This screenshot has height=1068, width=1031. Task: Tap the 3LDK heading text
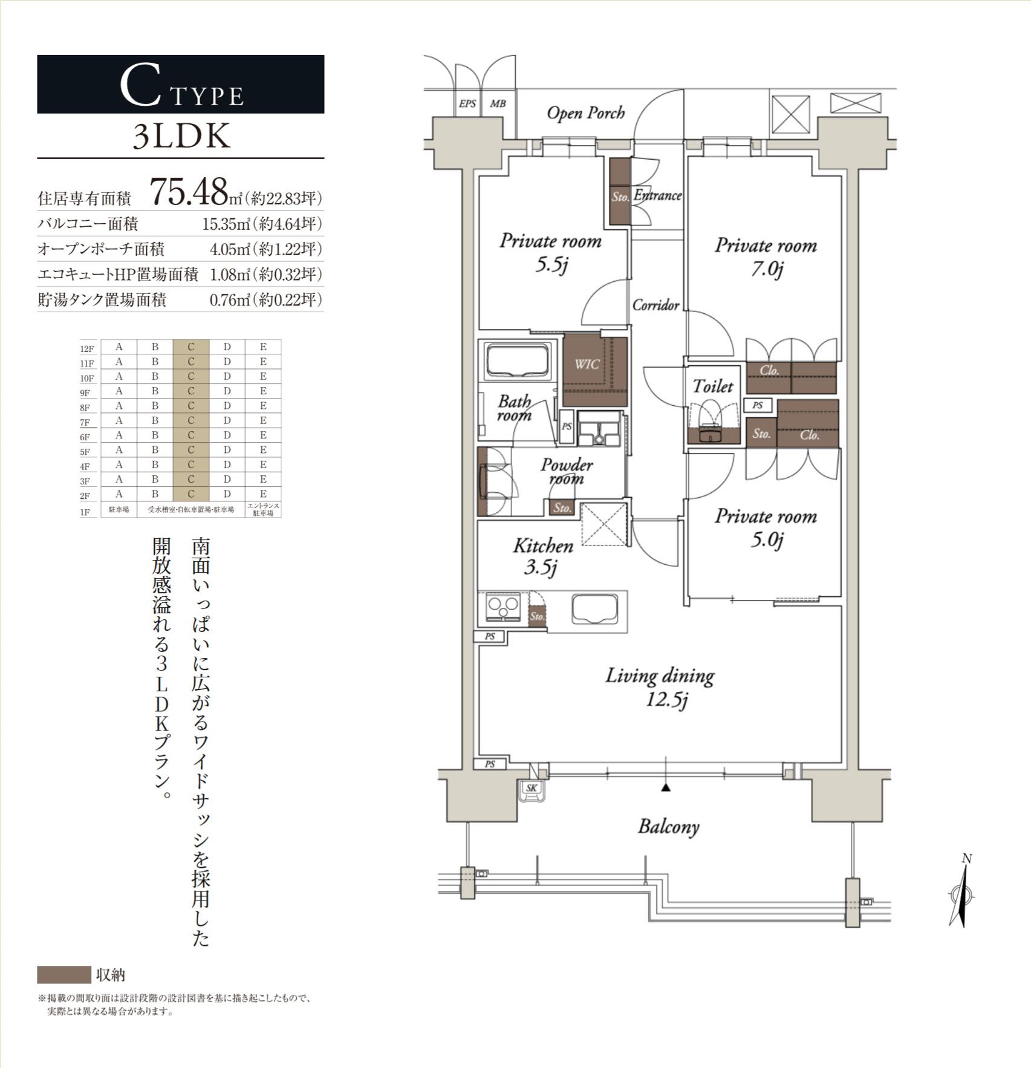tap(181, 137)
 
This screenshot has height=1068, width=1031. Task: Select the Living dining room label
tap(660, 686)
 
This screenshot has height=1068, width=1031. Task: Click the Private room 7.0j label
tap(766, 256)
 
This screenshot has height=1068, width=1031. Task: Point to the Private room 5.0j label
tap(766, 527)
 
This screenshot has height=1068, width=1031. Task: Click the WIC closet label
tap(587, 364)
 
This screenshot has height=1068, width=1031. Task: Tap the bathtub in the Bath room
tap(518, 361)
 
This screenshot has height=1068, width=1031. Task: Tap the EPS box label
tap(467, 103)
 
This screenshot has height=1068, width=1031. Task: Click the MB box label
tap(498, 103)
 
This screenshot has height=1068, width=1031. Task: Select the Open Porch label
tap(585, 113)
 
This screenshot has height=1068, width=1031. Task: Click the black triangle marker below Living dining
tap(666, 787)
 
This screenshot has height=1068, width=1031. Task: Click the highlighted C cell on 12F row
tap(190, 347)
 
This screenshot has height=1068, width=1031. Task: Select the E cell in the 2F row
tap(263, 494)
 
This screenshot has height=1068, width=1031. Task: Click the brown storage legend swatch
tap(63, 974)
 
